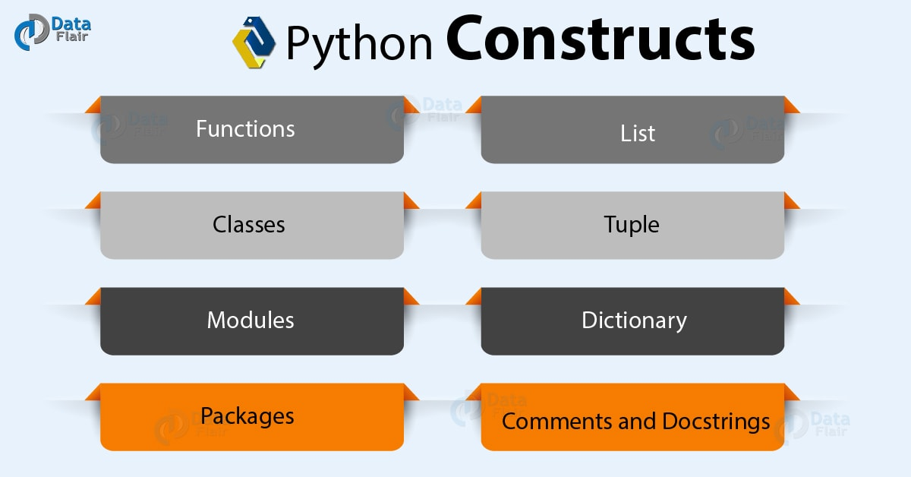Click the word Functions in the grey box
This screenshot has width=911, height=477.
pos(245,129)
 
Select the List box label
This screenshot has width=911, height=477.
pos(637,134)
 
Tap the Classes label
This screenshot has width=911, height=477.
pos(249,225)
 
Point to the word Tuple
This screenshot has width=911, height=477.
pos(632,225)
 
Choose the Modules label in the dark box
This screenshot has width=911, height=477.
pos(251,320)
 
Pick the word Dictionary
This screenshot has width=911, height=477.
pos(634,321)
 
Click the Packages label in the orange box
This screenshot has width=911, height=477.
pos(247,416)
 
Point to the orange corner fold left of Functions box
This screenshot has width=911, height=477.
pos(93,105)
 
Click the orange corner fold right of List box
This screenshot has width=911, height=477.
pos(791,105)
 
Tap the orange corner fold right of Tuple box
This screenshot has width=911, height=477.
pos(791,201)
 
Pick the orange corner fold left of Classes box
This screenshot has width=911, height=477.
pos(93,201)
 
